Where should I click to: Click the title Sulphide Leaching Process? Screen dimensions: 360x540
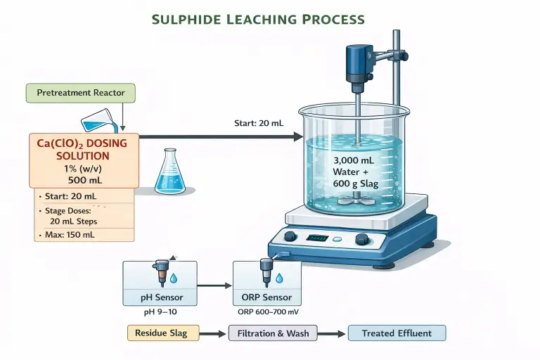pos(270,20)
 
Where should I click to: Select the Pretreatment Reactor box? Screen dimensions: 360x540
pos(80,93)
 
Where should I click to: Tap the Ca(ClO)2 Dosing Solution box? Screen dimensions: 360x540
pos(82,160)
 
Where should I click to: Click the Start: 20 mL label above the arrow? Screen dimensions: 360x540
pos(258,123)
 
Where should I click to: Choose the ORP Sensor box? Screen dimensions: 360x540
pos(267,283)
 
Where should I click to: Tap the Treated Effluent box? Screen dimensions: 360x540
pos(397,333)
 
